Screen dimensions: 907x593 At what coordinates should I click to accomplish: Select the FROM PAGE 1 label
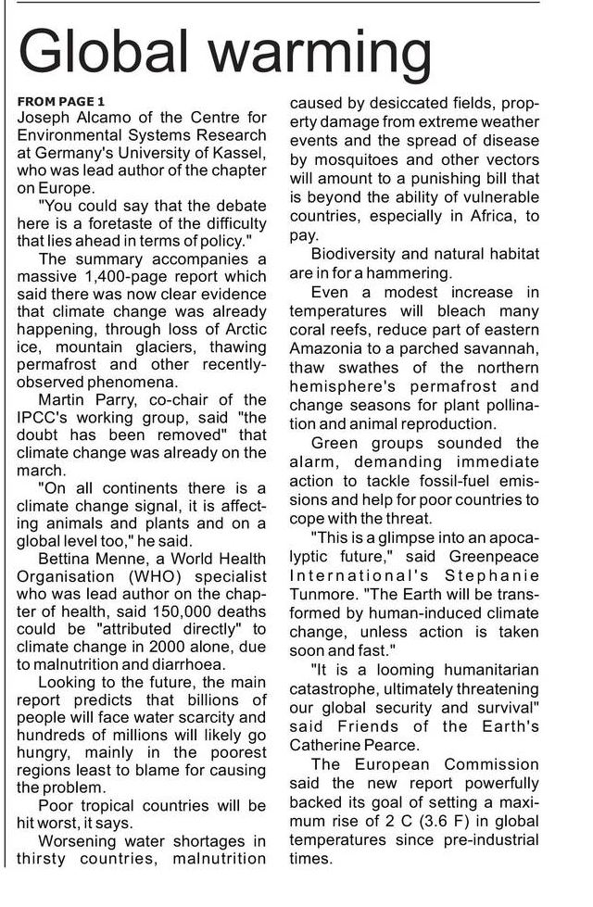[x=62, y=100]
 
